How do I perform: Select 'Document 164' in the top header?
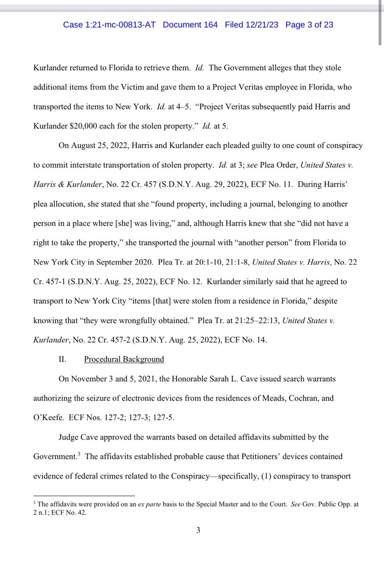(x=190, y=25)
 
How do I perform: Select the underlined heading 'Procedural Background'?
(x=124, y=359)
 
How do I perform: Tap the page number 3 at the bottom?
(x=198, y=530)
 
